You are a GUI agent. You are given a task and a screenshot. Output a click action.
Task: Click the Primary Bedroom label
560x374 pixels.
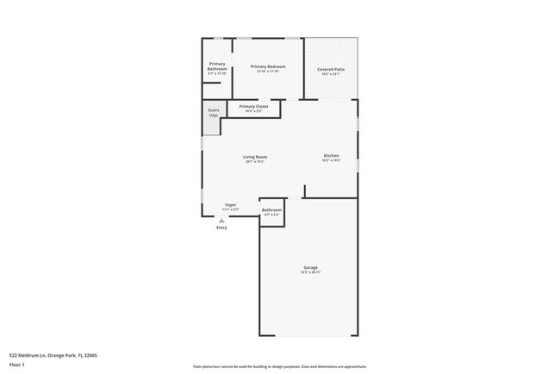pyautogui.click(x=268, y=66)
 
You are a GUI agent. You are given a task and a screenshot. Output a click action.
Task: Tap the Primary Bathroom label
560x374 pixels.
pyautogui.click(x=217, y=65)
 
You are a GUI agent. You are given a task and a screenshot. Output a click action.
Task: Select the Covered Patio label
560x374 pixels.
pyautogui.click(x=331, y=69)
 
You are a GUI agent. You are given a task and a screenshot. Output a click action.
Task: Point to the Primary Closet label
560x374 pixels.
pyautogui.click(x=253, y=107)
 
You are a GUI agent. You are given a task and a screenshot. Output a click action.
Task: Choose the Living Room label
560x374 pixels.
pyautogui.click(x=255, y=157)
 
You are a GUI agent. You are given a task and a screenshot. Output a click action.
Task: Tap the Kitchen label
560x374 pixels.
pyautogui.click(x=331, y=155)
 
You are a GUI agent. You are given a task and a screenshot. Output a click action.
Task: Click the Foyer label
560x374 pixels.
pyautogui.click(x=231, y=204)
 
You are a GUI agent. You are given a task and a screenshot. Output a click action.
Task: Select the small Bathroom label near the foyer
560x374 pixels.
pyautogui.click(x=272, y=209)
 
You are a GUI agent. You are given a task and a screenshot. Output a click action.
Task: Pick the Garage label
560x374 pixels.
pyautogui.click(x=310, y=267)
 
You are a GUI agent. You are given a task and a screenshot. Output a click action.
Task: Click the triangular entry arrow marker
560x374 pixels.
pyautogui.click(x=221, y=221)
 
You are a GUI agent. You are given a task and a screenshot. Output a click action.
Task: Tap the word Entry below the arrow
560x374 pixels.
pyautogui.click(x=221, y=228)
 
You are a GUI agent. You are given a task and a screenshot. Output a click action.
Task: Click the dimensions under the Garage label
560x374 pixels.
pyautogui.click(x=310, y=272)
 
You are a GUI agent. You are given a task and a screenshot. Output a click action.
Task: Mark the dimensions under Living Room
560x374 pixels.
pyautogui.click(x=255, y=162)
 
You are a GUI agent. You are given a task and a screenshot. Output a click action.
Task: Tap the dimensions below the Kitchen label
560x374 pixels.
pyautogui.click(x=331, y=160)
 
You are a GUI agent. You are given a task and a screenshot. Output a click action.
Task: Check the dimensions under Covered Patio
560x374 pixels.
pyautogui.click(x=331, y=74)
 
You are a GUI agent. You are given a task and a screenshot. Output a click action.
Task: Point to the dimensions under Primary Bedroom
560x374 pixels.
pyautogui.click(x=268, y=72)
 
